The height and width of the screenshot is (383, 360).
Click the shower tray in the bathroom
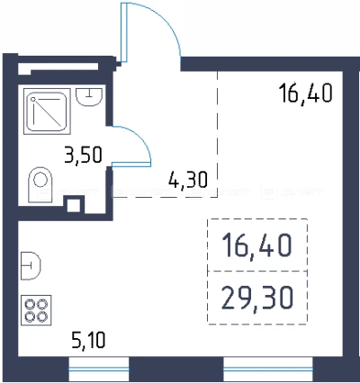tap(47, 111)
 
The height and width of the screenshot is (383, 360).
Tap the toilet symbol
tap(40, 184)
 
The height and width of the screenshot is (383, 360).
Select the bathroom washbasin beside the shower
tap(89, 97)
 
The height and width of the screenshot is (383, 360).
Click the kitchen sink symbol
tap(31, 266)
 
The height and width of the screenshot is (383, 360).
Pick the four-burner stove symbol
tap(36, 310)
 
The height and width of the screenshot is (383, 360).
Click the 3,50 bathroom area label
tap(84, 155)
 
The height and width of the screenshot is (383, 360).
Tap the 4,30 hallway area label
tap(188, 180)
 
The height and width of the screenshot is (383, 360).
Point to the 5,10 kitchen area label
tap(88, 340)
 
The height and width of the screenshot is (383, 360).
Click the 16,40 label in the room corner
tap(305, 94)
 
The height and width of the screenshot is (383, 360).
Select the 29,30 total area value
tap(257, 298)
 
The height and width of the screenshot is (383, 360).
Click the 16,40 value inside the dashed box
tap(256, 245)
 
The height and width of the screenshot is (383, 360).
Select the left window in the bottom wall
tap(99, 369)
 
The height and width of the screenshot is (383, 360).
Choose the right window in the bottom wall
tap(268, 369)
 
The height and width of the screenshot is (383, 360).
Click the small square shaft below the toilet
tap(73, 206)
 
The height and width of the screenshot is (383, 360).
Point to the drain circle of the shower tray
tap(33, 99)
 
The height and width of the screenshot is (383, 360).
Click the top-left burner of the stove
tap(31, 305)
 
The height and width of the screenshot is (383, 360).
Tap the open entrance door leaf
tap(124, 32)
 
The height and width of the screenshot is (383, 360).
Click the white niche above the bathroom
tap(58, 68)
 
